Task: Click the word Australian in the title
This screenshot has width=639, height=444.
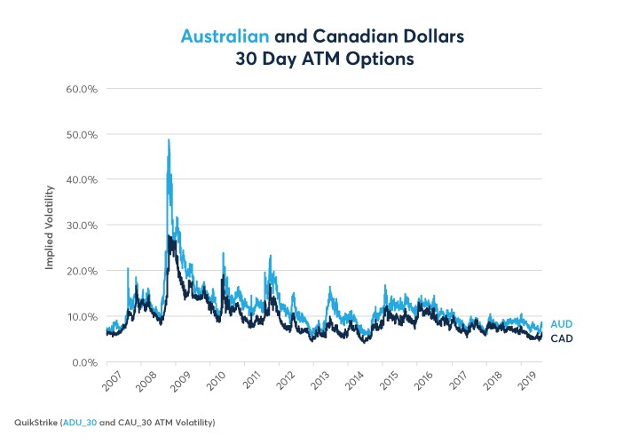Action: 225,37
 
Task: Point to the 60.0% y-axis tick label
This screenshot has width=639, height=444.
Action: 78,89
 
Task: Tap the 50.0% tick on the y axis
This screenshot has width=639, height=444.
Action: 78,134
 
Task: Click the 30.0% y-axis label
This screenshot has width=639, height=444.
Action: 78,226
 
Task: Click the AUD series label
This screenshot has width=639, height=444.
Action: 561,325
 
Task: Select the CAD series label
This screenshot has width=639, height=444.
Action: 561,338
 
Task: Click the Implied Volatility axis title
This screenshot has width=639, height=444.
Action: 50,226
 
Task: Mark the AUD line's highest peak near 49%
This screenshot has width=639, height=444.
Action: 169,139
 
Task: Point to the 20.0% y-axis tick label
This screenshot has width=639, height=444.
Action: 78,271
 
